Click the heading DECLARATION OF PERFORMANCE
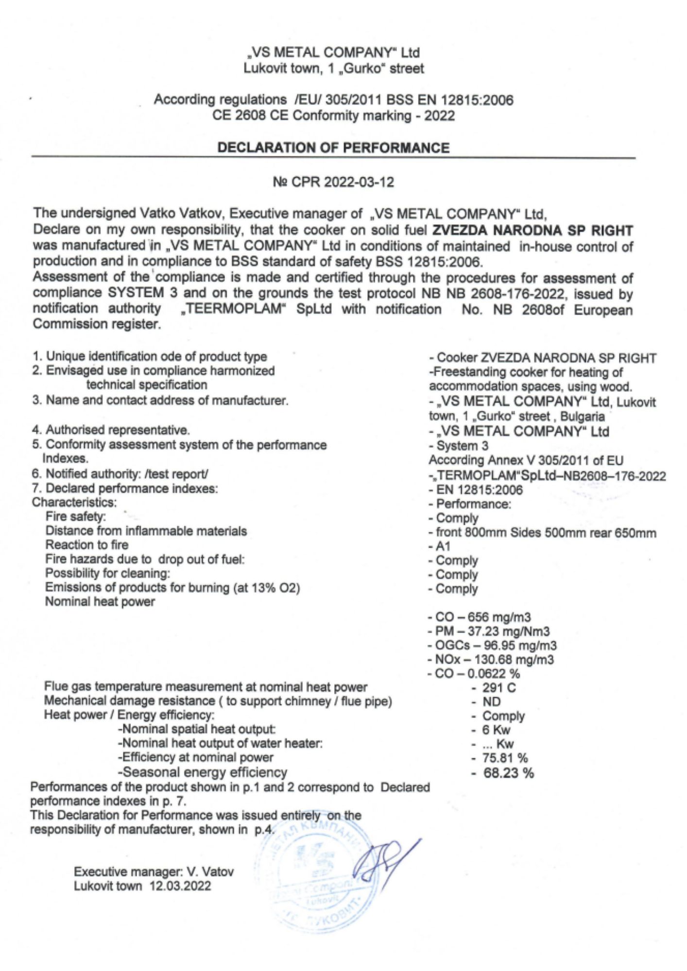coord(333,148)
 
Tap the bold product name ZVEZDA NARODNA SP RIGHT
coord(532,230)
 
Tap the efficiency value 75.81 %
coord(505,758)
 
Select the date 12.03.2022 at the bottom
coord(180,886)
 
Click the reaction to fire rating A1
coord(443,546)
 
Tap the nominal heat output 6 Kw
coord(496,730)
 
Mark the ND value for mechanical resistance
coord(491,702)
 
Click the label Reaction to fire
coord(87,545)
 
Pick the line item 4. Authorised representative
coord(111,430)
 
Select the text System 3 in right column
coord(462,446)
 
